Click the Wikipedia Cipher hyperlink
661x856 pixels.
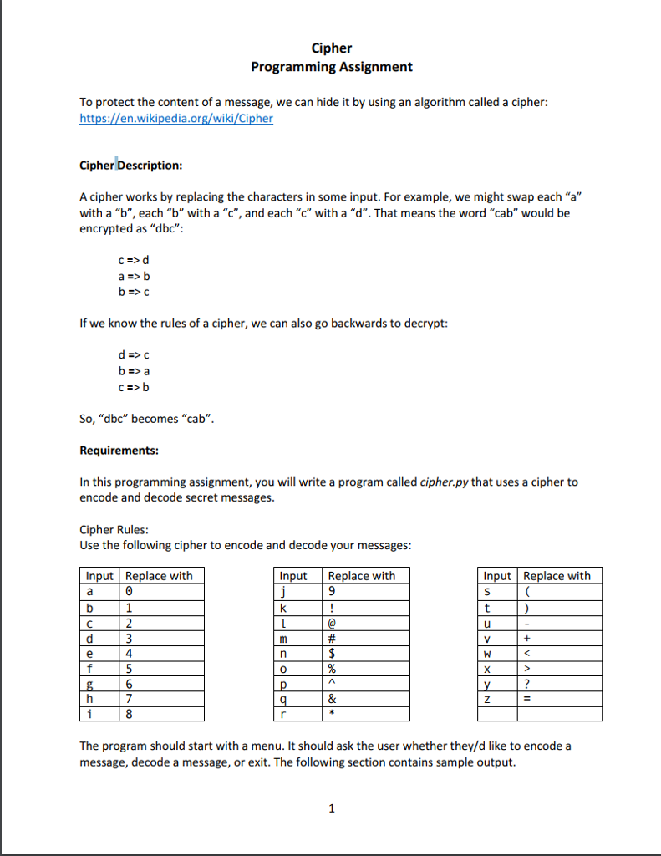(x=176, y=119)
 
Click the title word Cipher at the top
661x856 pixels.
(x=331, y=48)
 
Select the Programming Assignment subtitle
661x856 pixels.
(x=331, y=67)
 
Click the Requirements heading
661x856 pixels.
(x=119, y=451)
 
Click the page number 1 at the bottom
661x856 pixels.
(x=332, y=808)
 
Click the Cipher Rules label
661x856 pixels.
(x=114, y=530)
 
